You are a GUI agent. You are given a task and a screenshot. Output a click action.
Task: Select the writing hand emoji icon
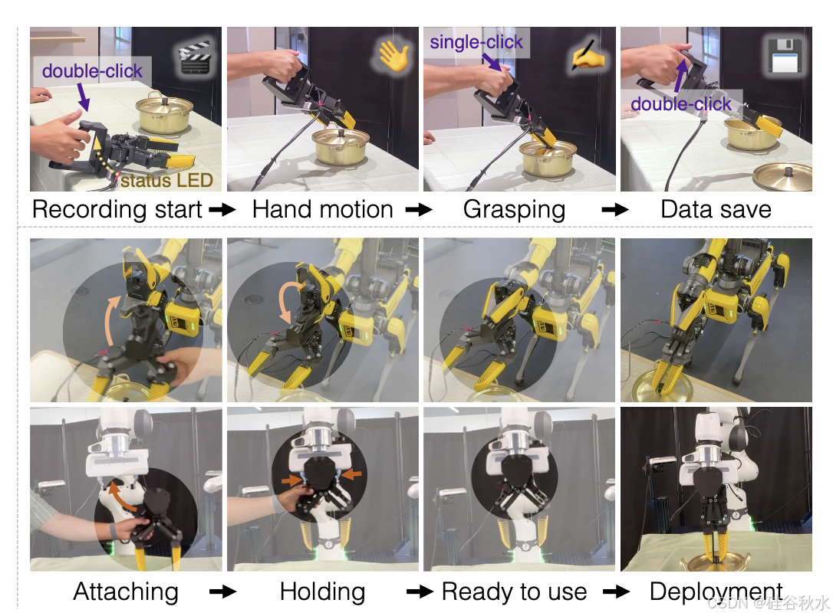tap(587, 58)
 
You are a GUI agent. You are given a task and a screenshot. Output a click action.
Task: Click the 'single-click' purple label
tap(476, 41)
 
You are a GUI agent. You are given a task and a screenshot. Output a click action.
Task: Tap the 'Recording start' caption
tap(117, 209)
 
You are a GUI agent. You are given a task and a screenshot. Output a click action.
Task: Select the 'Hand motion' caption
tap(323, 209)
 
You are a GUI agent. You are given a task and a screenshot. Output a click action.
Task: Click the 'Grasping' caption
tap(515, 209)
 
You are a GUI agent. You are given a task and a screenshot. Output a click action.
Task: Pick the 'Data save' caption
tap(716, 209)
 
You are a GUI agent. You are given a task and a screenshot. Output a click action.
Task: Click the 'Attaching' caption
tap(126, 591)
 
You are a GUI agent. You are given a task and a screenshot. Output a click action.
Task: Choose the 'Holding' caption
tap(322, 591)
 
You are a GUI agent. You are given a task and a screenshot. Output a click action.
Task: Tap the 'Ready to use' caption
tap(515, 591)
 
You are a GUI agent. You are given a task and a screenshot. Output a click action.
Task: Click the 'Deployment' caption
tap(716, 591)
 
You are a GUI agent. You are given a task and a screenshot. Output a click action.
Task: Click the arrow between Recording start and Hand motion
tap(222, 210)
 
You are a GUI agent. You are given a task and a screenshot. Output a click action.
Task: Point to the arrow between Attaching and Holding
tap(222, 592)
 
